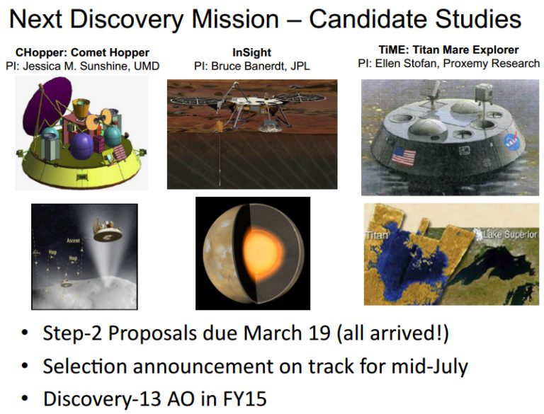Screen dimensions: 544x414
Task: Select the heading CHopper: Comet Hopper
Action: [x=82, y=52]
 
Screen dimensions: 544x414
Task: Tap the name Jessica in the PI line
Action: [x=44, y=66]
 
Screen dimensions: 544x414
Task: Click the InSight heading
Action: [x=251, y=52]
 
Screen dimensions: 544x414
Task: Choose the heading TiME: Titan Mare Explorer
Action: [x=448, y=50]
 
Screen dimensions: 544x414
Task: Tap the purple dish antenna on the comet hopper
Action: [x=46, y=104]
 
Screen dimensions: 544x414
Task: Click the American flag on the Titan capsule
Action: [x=404, y=156]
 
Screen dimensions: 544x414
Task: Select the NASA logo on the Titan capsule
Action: [x=511, y=142]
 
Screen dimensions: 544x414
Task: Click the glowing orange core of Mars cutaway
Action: [x=263, y=251]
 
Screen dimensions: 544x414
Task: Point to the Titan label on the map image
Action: [x=376, y=235]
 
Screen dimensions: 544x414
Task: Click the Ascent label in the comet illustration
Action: [x=73, y=241]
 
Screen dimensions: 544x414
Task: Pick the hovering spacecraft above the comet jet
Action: [x=107, y=229]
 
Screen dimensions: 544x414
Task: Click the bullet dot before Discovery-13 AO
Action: [x=25, y=398]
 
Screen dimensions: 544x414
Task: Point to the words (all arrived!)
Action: [x=392, y=333]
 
